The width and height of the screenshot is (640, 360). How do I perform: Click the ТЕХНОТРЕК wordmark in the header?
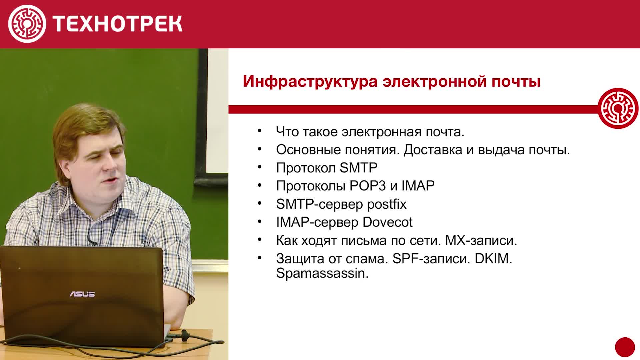(x=117, y=24)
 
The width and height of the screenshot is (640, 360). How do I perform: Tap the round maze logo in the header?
(x=27, y=24)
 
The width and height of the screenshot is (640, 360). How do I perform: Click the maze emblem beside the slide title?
(x=618, y=108)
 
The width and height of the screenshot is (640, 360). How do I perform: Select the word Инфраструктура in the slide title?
(x=310, y=81)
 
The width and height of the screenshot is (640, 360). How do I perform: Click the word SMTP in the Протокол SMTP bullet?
(x=358, y=168)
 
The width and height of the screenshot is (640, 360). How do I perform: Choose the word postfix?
(x=387, y=204)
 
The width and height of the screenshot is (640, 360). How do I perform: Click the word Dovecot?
(x=387, y=222)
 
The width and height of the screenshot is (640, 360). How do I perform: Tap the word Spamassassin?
(x=322, y=274)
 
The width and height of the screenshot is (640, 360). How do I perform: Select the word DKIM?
(x=493, y=259)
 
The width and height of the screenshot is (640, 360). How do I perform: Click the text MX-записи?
(x=481, y=240)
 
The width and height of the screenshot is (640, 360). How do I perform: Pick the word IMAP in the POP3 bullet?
(x=418, y=186)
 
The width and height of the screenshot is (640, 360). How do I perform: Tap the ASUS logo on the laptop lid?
(x=82, y=294)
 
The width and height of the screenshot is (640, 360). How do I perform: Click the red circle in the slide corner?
(x=625, y=347)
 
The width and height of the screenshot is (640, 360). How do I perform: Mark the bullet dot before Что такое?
(x=260, y=131)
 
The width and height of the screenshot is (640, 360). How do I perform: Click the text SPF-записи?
(x=431, y=259)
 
